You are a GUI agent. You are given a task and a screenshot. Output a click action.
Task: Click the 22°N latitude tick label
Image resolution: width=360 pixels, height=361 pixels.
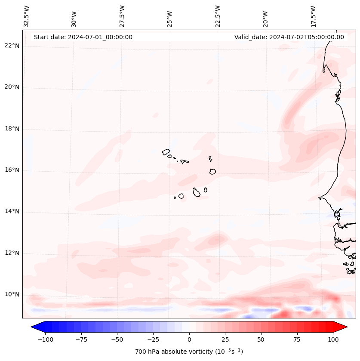(x=12, y=46)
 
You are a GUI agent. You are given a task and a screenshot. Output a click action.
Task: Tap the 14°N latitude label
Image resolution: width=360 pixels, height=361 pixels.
(x=12, y=212)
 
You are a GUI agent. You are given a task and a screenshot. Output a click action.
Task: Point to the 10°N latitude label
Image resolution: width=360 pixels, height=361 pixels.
(x=12, y=295)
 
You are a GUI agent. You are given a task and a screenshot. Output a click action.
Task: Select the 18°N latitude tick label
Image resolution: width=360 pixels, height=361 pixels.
(x=12, y=129)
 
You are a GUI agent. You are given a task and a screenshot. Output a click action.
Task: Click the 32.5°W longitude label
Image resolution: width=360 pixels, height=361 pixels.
(x=27, y=16)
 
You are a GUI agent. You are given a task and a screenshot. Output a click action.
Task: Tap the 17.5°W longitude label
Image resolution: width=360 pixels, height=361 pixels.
(x=313, y=16)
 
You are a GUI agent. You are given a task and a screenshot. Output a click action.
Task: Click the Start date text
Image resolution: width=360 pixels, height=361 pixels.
(x=83, y=37)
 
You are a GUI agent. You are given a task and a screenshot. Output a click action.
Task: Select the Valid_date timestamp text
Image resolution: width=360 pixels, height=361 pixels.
(x=289, y=37)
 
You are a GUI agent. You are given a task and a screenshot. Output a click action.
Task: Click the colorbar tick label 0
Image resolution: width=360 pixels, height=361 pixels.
(x=189, y=340)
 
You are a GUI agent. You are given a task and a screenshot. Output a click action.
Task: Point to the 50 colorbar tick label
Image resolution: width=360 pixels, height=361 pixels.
(x=261, y=340)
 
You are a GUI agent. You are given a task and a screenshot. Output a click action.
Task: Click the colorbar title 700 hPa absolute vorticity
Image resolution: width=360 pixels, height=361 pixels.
(x=189, y=352)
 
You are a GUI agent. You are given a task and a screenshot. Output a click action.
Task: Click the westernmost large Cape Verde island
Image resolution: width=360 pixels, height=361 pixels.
(x=166, y=152)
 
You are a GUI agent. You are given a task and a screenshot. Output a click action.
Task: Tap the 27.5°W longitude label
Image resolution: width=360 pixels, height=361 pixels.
(x=122, y=16)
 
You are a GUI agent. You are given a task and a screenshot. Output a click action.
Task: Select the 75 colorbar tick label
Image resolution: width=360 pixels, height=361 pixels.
(x=297, y=340)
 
